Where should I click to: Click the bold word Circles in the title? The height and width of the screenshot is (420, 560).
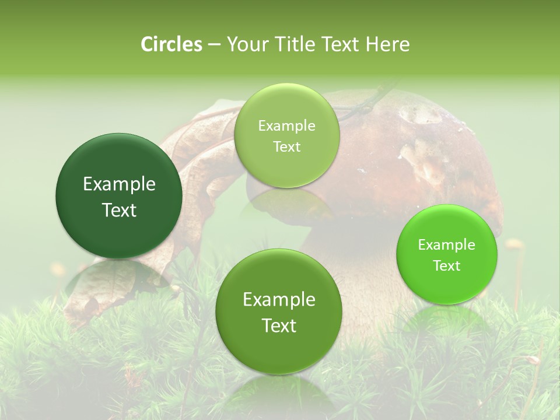pyautogui.click(x=171, y=44)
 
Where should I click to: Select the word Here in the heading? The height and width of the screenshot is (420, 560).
pyautogui.click(x=388, y=44)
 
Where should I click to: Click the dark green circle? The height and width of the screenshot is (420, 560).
pyautogui.click(x=119, y=196)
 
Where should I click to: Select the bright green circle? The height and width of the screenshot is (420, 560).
pyautogui.click(x=447, y=254)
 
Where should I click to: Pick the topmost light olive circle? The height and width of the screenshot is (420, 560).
pyautogui.click(x=286, y=135)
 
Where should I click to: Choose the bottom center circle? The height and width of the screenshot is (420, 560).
pyautogui.click(x=279, y=311)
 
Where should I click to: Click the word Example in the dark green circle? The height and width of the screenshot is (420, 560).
pyautogui.click(x=119, y=184)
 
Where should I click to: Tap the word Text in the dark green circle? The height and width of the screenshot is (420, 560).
pyautogui.click(x=119, y=210)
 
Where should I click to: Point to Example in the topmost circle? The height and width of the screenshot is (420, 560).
pyautogui.click(x=286, y=125)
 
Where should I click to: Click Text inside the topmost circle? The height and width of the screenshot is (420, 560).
pyautogui.click(x=286, y=146)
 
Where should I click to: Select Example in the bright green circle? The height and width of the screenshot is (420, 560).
pyautogui.click(x=447, y=244)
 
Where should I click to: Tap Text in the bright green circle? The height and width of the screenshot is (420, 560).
pyautogui.click(x=447, y=265)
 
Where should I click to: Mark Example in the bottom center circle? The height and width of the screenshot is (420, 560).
pyautogui.click(x=279, y=300)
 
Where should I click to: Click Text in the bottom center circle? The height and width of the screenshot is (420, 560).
pyautogui.click(x=279, y=325)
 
